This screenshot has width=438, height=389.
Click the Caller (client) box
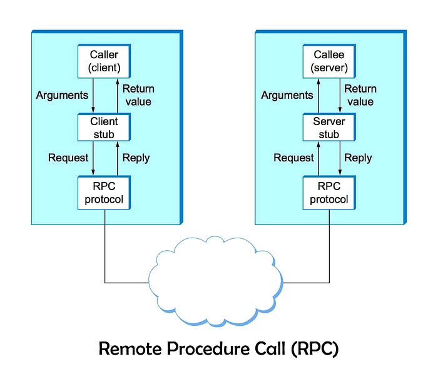(x=104, y=61)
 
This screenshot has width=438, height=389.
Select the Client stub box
(x=104, y=128)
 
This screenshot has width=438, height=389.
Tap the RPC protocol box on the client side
(x=104, y=193)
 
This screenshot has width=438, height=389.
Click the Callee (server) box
(x=329, y=61)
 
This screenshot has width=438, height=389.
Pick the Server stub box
(x=329, y=128)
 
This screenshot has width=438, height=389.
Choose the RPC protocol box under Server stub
(x=329, y=193)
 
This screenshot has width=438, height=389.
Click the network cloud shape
(x=215, y=281)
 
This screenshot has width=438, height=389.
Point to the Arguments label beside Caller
(x=62, y=96)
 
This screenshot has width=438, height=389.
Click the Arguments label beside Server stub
(x=287, y=96)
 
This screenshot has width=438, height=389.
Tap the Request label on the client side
(x=68, y=158)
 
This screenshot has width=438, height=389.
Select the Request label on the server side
(x=293, y=158)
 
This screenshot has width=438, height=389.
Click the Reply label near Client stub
(x=136, y=158)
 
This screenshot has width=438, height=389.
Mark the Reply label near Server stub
(x=358, y=158)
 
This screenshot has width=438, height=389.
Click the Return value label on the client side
(x=138, y=95)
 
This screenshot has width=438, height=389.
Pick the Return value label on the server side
(x=360, y=95)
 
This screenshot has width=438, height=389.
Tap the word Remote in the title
(x=130, y=348)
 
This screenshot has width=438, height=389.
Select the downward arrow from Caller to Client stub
(x=93, y=96)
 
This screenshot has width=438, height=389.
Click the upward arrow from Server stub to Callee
(x=318, y=96)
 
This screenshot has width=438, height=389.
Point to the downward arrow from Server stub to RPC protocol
(x=340, y=158)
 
